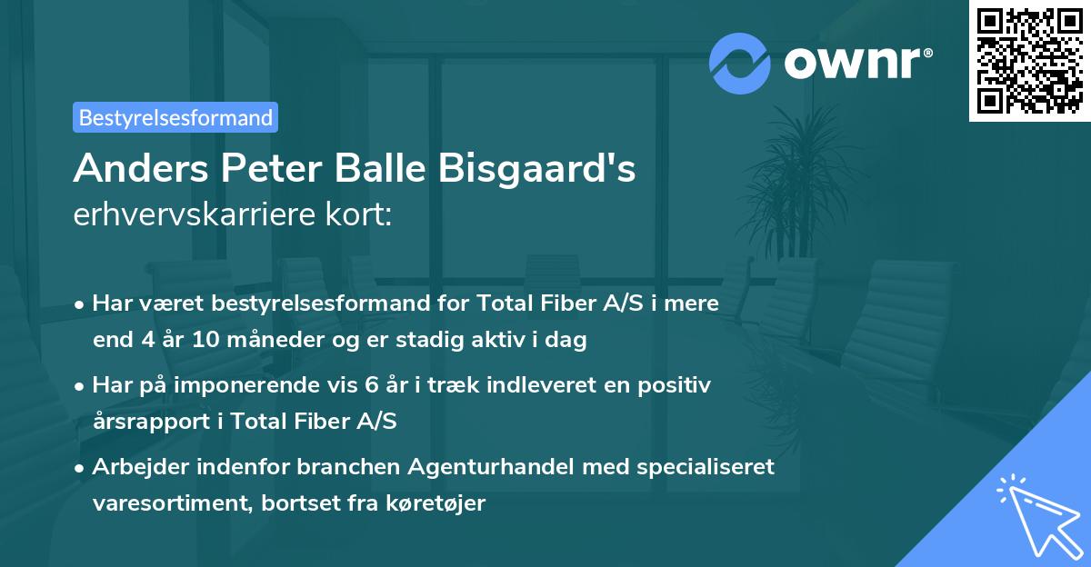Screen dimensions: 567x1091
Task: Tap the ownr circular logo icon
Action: coord(739,63)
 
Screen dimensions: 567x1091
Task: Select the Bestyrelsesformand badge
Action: coord(175,117)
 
